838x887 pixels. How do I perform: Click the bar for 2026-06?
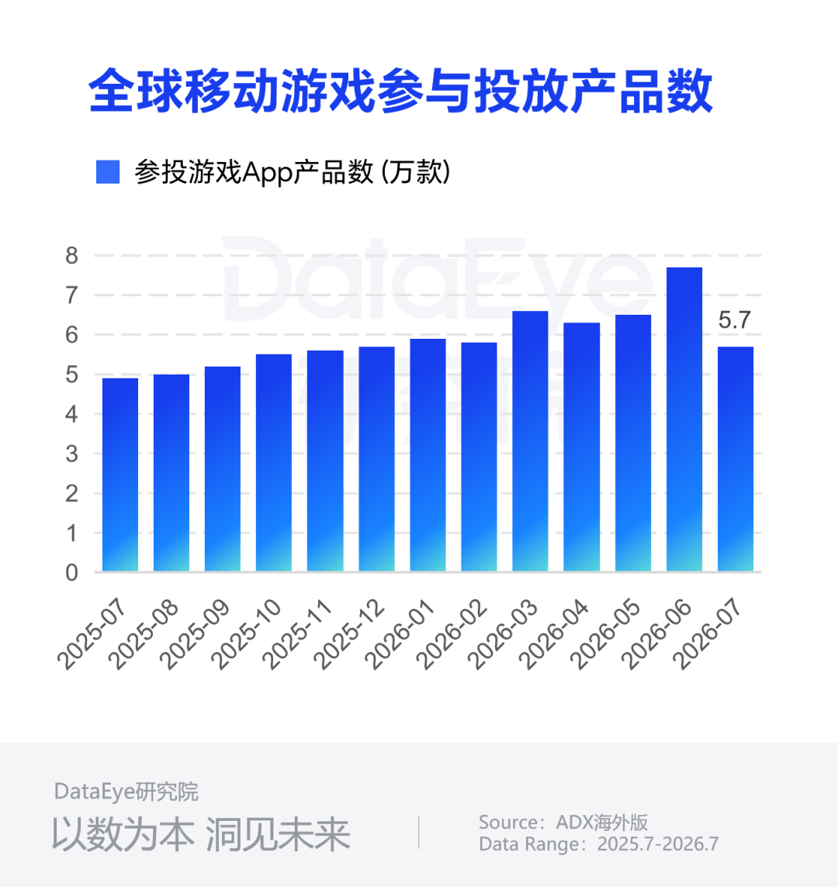click(684, 419)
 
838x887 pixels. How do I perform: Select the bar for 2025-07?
click(120, 475)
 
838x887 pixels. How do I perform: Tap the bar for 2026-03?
click(530, 441)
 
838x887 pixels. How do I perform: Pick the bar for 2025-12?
click(376, 459)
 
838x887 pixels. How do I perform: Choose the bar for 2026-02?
click(479, 457)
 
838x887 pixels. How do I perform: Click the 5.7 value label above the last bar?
click(734, 320)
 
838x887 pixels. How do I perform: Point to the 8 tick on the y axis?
click(71, 256)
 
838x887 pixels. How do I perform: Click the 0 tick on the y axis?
click(71, 572)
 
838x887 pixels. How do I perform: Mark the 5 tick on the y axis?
click(71, 374)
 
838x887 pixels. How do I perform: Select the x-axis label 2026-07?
click(708, 633)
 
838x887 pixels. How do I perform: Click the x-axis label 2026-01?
click(400, 633)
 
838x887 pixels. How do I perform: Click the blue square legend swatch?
click(108, 172)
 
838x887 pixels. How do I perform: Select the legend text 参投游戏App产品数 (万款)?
click(293, 172)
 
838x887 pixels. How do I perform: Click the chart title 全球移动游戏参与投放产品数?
click(400, 91)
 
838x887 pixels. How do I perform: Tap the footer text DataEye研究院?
click(126, 792)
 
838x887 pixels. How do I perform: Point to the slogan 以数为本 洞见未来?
click(201, 834)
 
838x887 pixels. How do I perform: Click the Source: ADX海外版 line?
click(563, 822)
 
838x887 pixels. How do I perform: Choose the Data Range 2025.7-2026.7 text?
click(598, 844)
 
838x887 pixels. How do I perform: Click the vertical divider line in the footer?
click(418, 832)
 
